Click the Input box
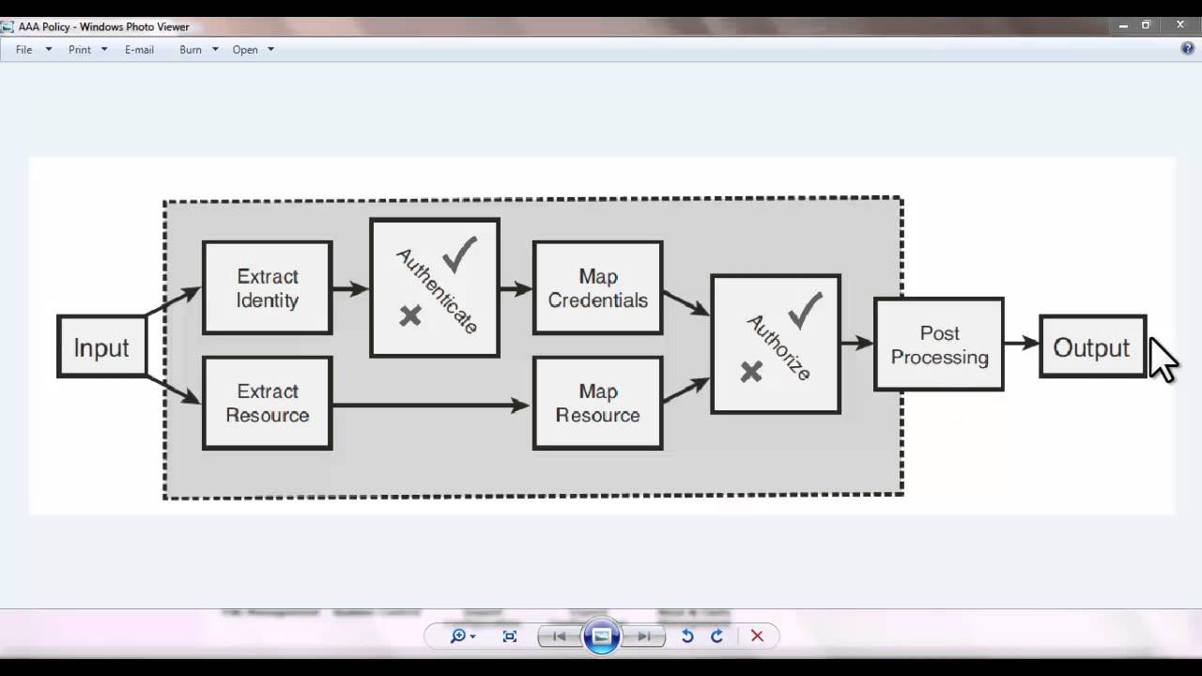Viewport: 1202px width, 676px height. point(101,347)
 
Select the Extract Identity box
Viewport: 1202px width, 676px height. point(268,288)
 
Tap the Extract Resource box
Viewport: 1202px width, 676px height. point(268,403)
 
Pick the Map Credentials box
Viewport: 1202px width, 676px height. point(598,288)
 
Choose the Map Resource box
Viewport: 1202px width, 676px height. point(598,403)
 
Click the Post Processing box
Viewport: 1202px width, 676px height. point(939,345)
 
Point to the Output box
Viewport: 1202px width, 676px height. point(1092,347)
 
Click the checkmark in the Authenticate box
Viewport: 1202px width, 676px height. point(460,254)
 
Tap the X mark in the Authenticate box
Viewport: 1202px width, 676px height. point(410,315)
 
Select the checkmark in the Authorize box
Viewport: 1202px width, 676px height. point(805,311)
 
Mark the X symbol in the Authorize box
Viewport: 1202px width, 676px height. point(751,372)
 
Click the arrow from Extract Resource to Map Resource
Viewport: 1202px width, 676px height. point(432,406)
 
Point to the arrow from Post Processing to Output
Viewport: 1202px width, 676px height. point(1022,344)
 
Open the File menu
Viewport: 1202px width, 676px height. point(24,50)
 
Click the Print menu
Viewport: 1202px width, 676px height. point(80,50)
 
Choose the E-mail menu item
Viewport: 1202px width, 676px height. point(139,50)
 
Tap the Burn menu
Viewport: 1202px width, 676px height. point(191,50)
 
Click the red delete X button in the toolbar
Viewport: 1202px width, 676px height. point(757,636)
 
